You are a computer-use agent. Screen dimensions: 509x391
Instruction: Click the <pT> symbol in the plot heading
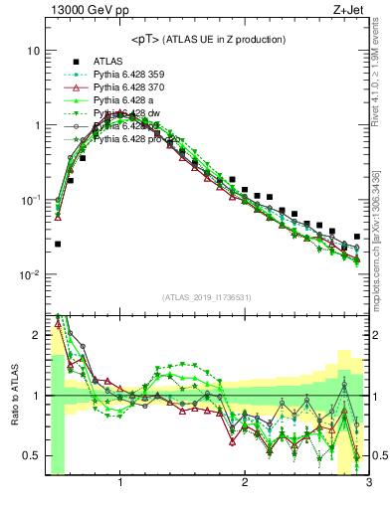[x=148, y=39]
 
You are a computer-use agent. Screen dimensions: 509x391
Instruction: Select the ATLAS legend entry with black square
[x=107, y=61]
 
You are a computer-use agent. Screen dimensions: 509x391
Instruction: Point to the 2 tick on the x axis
[x=245, y=484]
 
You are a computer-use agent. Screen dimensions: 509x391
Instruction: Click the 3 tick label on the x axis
[x=368, y=484]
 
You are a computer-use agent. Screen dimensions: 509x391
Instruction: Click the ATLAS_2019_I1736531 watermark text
[x=207, y=297]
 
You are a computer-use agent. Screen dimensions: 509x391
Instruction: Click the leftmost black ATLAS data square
[x=58, y=244]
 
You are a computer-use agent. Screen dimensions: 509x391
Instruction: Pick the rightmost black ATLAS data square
[x=357, y=237]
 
